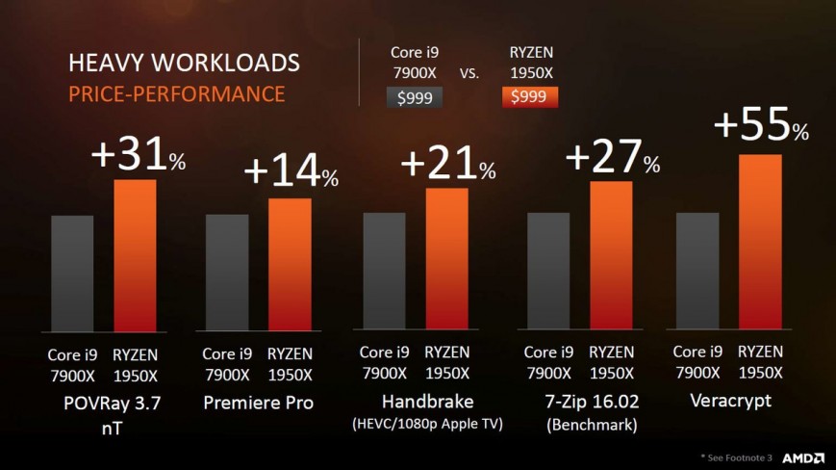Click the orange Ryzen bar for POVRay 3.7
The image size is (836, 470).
click(135, 255)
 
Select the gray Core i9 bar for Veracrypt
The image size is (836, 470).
click(697, 272)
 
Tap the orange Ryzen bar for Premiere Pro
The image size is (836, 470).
click(290, 265)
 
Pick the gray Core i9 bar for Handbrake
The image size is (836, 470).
click(384, 272)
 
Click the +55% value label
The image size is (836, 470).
click(760, 126)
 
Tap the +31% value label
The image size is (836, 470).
click(137, 154)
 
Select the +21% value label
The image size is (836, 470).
click(447, 165)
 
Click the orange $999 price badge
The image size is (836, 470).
click(530, 96)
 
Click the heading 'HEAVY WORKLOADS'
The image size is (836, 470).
click(184, 64)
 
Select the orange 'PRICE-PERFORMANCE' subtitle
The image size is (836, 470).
click(176, 93)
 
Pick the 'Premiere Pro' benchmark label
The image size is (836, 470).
click(258, 402)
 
